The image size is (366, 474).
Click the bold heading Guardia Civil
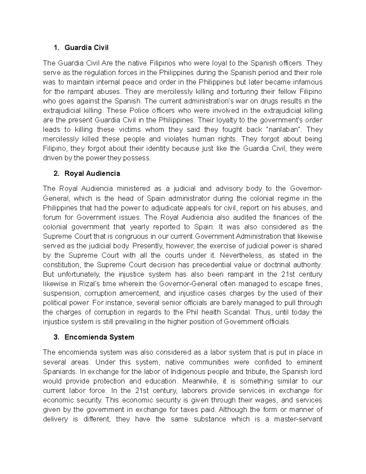(86, 48)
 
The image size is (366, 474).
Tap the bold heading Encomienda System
(99, 337)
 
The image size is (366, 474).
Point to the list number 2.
(56, 174)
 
